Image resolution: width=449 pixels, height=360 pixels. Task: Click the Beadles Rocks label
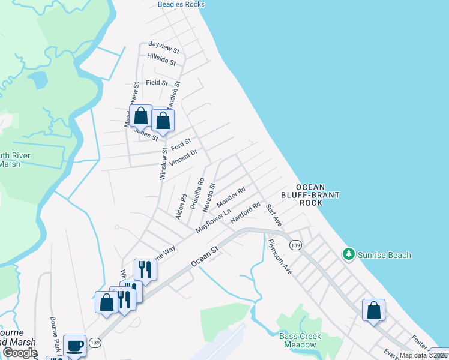181,4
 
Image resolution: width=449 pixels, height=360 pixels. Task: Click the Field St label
157,83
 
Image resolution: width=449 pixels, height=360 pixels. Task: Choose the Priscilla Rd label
196,193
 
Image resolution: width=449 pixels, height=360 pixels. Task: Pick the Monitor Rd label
231,197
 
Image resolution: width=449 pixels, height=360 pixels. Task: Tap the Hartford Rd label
245,214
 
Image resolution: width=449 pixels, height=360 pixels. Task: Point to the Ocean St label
204,258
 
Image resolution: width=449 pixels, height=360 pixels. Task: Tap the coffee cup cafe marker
74,346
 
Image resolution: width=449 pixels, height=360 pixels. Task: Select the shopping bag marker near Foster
373,310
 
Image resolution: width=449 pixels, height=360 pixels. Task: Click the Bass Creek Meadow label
300,340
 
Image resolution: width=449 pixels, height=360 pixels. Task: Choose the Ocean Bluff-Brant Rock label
310,195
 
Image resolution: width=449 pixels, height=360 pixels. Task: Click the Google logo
20,353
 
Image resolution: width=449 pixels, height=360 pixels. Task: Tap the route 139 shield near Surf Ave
294,245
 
